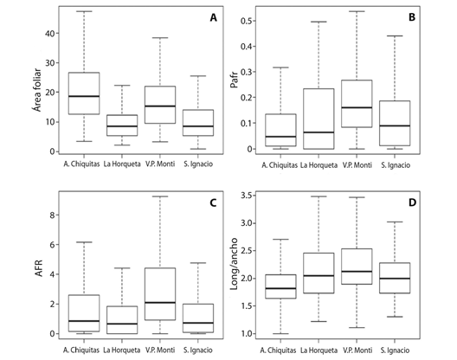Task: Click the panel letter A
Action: [213, 18]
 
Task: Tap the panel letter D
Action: [412, 202]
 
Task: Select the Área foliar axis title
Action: [36, 90]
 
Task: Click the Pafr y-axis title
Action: [234, 81]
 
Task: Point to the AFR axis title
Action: [38, 268]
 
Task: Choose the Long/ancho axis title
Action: [234, 264]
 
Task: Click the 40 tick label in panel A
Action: [50, 34]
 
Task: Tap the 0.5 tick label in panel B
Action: [247, 21]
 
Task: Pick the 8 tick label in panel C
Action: [52, 215]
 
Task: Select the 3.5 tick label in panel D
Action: [247, 196]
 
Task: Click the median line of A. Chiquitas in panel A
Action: [84, 96]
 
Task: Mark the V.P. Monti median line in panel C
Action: [160, 303]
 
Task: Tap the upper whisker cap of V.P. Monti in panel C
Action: [160, 196]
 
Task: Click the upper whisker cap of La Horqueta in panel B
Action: [319, 22]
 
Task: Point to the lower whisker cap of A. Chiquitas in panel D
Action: [280, 333]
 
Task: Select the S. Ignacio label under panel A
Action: [198, 164]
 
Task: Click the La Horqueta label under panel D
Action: [319, 350]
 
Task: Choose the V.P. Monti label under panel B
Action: [357, 165]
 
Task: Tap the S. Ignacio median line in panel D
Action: [395, 279]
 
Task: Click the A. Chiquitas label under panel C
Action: [81, 350]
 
